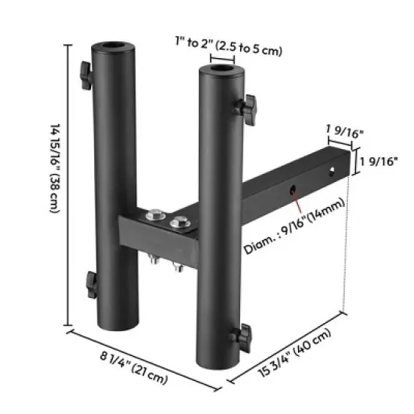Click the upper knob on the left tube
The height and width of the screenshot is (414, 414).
[84, 74]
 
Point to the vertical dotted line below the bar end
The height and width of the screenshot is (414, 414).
[346, 248]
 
